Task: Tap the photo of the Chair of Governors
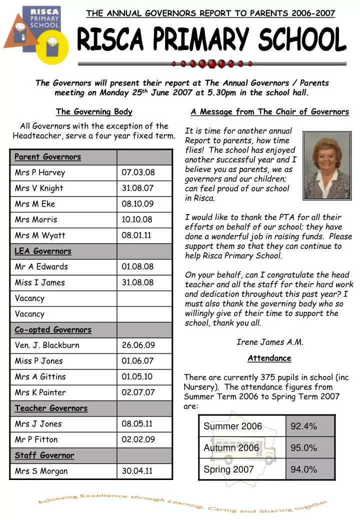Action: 327,165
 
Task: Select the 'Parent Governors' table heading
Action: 47,157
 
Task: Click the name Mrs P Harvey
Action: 40,172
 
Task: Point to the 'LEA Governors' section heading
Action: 43,251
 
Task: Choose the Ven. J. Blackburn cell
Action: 47,345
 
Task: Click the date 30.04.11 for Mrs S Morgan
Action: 138,471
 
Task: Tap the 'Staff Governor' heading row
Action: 44,455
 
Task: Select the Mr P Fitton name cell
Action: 36,439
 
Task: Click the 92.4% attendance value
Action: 304,426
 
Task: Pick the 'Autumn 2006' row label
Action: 231,447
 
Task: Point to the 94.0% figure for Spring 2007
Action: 304,469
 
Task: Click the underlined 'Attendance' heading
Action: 269,358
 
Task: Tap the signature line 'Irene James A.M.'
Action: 269,342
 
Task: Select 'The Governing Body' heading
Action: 94,111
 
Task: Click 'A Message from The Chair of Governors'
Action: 269,111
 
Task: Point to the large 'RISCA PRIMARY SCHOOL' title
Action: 212,40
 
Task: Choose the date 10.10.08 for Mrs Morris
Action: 137,219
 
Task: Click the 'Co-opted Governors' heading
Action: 53,329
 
